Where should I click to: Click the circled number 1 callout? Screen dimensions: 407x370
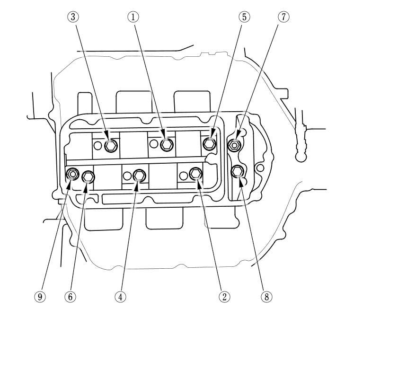[x=133, y=17]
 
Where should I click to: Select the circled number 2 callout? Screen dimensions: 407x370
[x=224, y=297]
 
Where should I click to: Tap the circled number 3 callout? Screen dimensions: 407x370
[x=72, y=17]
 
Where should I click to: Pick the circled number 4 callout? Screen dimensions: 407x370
[x=120, y=297]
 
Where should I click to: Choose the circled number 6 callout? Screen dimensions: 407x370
[x=70, y=297]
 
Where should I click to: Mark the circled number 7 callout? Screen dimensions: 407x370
[x=283, y=17]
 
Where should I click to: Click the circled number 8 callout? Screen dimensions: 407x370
[x=266, y=297]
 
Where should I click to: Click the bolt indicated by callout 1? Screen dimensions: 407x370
[x=166, y=145]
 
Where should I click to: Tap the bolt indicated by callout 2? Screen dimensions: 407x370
[x=195, y=174]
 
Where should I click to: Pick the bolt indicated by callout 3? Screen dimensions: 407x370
[x=110, y=146]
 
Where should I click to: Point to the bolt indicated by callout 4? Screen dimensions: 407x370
[x=138, y=175]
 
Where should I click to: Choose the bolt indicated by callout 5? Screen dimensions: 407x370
[x=209, y=142]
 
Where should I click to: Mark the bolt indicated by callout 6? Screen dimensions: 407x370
[x=88, y=177]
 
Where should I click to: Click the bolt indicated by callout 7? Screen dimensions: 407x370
[x=235, y=144]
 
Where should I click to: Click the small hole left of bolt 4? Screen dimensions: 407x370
[x=126, y=176]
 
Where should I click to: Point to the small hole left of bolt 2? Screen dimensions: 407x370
[x=183, y=176]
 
